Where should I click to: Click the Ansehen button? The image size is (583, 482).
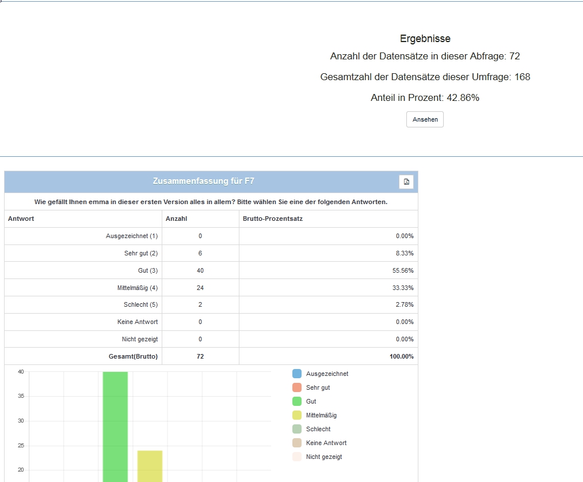[x=425, y=119]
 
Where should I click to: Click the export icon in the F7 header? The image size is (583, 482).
[x=406, y=182]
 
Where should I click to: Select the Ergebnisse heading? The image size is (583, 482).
[x=425, y=39]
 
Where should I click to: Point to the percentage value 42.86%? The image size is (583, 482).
[x=463, y=97]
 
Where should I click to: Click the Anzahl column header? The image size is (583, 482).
[x=176, y=219]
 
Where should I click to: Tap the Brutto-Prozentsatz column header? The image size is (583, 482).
[x=273, y=219]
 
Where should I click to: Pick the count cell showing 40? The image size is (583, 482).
[x=200, y=270]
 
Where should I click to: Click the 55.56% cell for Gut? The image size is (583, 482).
[x=403, y=270]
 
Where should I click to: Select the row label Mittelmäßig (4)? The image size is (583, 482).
[x=137, y=288]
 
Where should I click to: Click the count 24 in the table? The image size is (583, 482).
[x=200, y=288]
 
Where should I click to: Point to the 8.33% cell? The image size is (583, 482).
[x=405, y=253]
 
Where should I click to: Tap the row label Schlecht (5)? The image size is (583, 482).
[x=140, y=304]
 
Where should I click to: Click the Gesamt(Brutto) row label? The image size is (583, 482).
[x=133, y=356]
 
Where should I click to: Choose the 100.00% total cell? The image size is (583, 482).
[x=402, y=356]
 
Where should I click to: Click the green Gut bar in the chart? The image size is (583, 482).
[x=115, y=427]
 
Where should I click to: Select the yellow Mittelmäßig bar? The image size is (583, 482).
[x=150, y=466]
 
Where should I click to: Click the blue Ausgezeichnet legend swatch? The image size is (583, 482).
[x=297, y=374]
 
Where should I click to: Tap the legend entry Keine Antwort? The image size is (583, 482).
[x=326, y=443]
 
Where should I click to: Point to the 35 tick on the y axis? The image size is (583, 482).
[x=21, y=396]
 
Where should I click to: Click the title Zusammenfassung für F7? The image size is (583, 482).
[x=203, y=181]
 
